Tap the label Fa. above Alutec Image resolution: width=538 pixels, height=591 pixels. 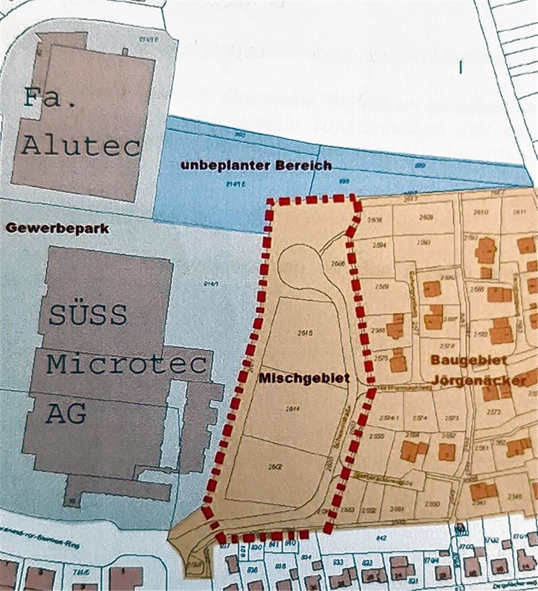pyautogui.click(x=50, y=98)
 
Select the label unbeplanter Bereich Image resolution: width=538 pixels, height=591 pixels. pyautogui.click(x=256, y=166)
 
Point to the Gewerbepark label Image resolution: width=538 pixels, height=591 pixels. pyautogui.click(x=57, y=229)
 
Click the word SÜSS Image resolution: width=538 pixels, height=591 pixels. pyautogui.click(x=88, y=315)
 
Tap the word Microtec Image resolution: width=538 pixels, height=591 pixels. pyautogui.click(x=126, y=364)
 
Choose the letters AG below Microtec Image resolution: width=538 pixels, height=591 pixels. pyautogui.click(x=66, y=414)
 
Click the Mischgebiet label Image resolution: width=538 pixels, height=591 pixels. pyautogui.click(x=304, y=378)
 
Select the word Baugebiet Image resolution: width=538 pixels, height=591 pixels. pyautogui.click(x=469, y=360)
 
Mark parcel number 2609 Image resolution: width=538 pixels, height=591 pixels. pyautogui.click(x=426, y=217)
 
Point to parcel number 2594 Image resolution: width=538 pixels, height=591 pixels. pyautogui.click(x=378, y=245)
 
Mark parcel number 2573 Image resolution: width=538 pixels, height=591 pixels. pyautogui.click(x=452, y=418)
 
